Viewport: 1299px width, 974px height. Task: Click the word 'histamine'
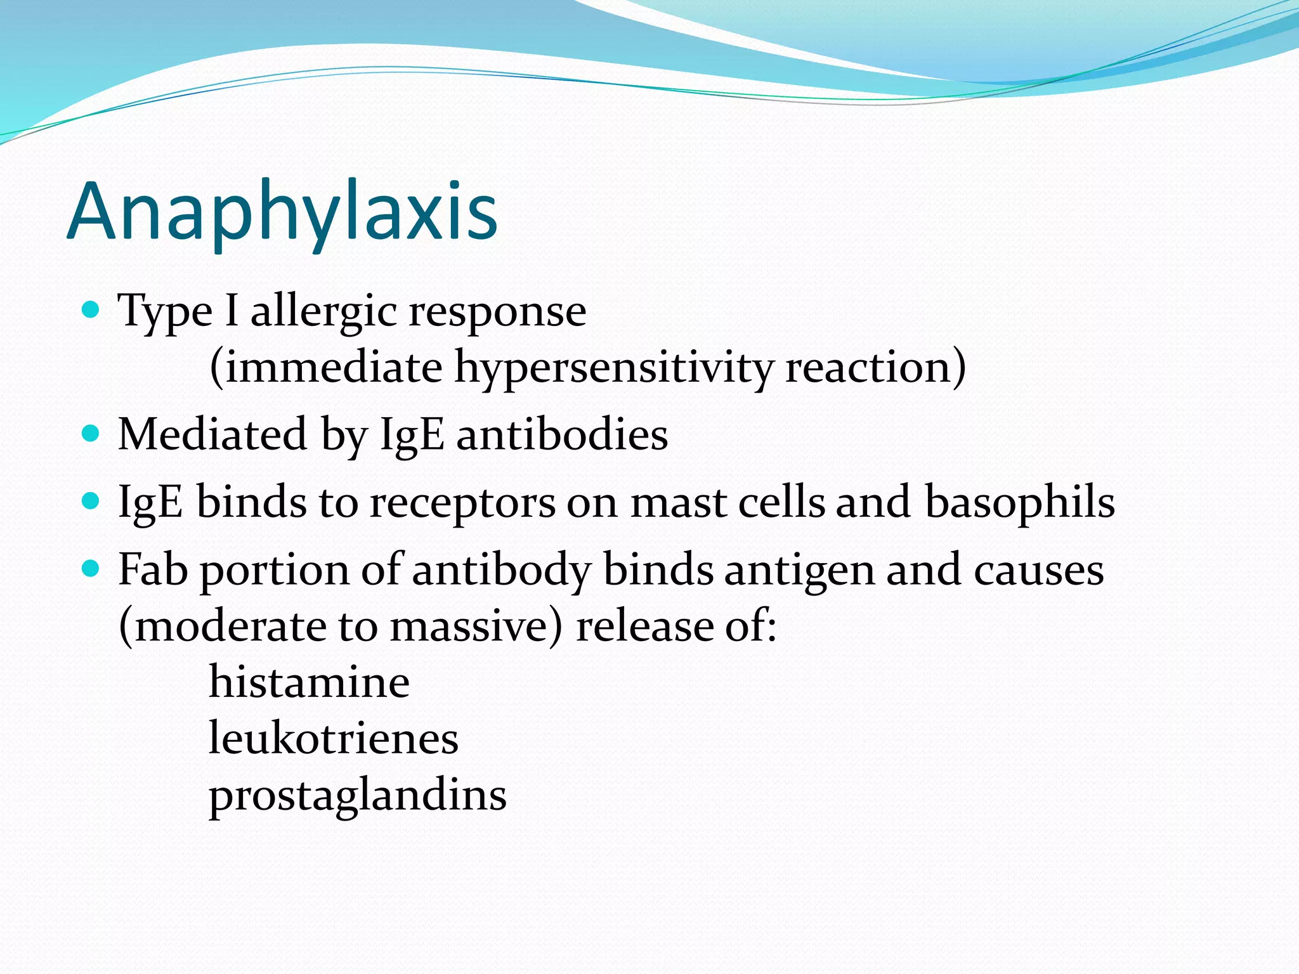pyautogui.click(x=309, y=682)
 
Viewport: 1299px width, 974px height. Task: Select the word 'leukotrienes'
pyautogui.click(x=333, y=739)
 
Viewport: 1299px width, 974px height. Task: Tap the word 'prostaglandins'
pyautogui.click(x=358, y=796)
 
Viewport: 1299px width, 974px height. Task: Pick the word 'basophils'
pyautogui.click(x=1019, y=502)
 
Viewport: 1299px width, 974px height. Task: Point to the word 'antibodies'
pyautogui.click(x=562, y=434)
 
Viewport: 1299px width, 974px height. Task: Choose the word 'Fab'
pyautogui.click(x=153, y=569)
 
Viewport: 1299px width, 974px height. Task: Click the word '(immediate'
pyautogui.click(x=325, y=368)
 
